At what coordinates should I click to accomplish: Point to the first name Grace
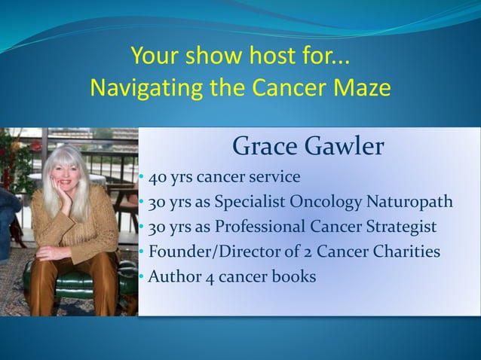(262, 147)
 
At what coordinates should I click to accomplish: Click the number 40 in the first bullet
(157, 178)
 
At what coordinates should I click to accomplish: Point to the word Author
(173, 276)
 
